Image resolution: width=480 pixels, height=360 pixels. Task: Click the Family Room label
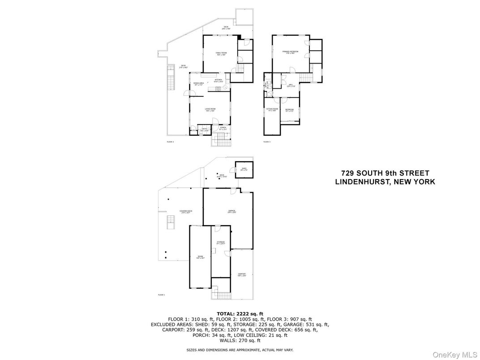click(x=221, y=53)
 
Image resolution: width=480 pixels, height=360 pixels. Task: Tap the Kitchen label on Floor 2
click(x=219, y=80)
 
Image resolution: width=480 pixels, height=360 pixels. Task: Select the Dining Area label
click(x=199, y=83)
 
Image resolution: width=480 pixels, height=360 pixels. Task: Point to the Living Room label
click(x=210, y=109)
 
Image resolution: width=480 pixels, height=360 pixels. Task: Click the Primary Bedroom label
click(x=290, y=52)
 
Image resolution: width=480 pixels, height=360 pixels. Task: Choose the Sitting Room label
click(x=272, y=109)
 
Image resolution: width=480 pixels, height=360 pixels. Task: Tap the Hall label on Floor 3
click(x=290, y=84)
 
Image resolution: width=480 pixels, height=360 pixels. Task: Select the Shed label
click(x=244, y=169)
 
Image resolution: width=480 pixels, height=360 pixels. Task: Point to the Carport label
click(x=242, y=274)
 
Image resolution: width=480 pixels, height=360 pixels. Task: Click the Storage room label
click(x=221, y=242)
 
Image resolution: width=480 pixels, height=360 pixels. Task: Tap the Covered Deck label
click(x=186, y=211)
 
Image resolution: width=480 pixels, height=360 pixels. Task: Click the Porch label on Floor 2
click(x=223, y=128)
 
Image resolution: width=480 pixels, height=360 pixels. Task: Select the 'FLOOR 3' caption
click(x=267, y=141)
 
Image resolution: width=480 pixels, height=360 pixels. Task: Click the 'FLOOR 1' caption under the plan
click(x=162, y=295)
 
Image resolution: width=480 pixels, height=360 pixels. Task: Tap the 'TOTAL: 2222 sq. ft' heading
click(x=240, y=314)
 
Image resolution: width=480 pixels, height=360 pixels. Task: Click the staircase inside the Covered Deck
click(x=170, y=222)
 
